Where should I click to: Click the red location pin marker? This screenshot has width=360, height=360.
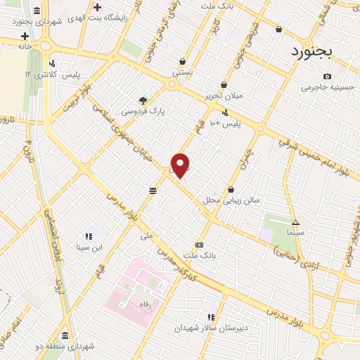pos(181,165)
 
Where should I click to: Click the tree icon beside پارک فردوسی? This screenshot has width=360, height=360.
pos(143,100)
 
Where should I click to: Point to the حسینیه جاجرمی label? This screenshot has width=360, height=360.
pos(326,88)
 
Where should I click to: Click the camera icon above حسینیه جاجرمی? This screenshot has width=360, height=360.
pos(327,77)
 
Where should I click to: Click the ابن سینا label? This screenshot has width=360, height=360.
pos(89,247)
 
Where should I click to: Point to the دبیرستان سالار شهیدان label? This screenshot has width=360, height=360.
pos(210,328)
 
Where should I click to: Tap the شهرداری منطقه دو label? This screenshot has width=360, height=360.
pos(67,346)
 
